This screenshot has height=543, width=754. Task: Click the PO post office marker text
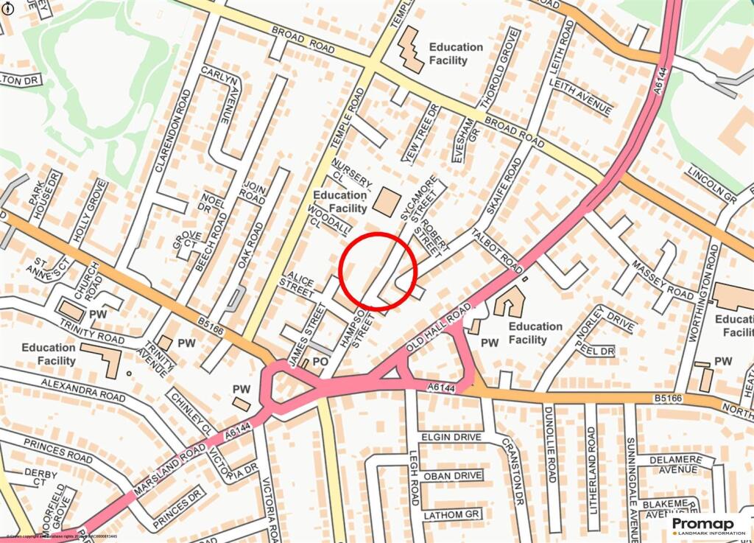[320, 362]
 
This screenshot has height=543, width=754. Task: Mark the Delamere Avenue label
[674, 463]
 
